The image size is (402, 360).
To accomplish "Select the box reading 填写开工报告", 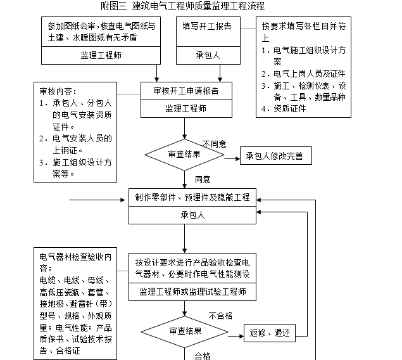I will pos(206,27).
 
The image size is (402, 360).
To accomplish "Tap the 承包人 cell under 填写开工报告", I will pos(206,55).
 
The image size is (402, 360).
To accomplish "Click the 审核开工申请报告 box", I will pos(185,91).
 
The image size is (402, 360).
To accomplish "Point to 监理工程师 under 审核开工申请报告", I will pos(185,108).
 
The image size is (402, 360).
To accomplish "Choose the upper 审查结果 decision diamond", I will pos(185,155).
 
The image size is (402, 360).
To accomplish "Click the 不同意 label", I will pos(215,144).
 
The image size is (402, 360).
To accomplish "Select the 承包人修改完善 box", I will pos(275,155).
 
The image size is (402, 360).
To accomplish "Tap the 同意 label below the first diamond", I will pos(203,179).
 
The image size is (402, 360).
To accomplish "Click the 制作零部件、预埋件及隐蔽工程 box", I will pos(192,197).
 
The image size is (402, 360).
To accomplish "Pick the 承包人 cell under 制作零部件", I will pos(192,215).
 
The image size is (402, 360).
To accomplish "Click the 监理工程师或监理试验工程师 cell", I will pos(192,292).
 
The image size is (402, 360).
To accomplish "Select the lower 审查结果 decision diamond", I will pos(185,331).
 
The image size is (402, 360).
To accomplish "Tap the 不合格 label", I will pos(220,316).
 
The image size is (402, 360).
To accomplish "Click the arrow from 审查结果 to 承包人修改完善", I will pos(231,155).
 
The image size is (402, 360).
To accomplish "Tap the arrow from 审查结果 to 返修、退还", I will pos(236,332).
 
